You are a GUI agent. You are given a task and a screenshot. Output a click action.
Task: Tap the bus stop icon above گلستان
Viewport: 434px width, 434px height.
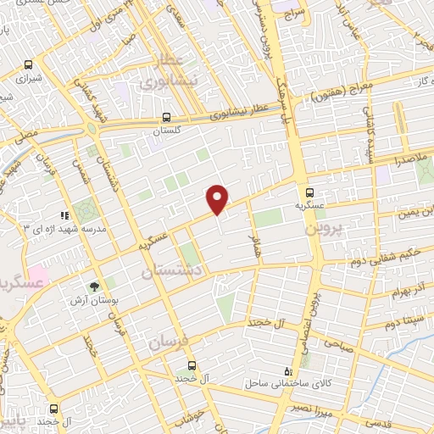[x=167, y=119]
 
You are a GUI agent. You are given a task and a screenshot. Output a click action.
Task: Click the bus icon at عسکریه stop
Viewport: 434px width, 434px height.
[x=310, y=192]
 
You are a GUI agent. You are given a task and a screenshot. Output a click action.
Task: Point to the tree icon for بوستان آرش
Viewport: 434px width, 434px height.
[x=95, y=287]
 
